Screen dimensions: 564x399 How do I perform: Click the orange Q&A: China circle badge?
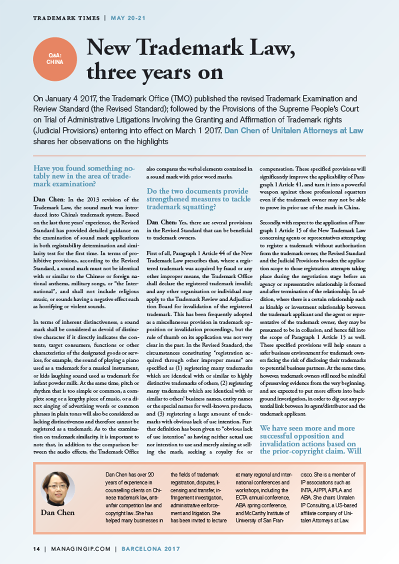point(55,59)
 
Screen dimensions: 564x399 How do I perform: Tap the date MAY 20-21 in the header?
point(128,18)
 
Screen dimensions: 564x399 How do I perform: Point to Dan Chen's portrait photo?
point(58,489)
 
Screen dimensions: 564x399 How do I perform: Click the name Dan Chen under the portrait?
point(58,513)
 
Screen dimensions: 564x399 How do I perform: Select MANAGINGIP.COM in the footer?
point(80,548)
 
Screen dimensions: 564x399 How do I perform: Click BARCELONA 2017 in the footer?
point(149,548)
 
